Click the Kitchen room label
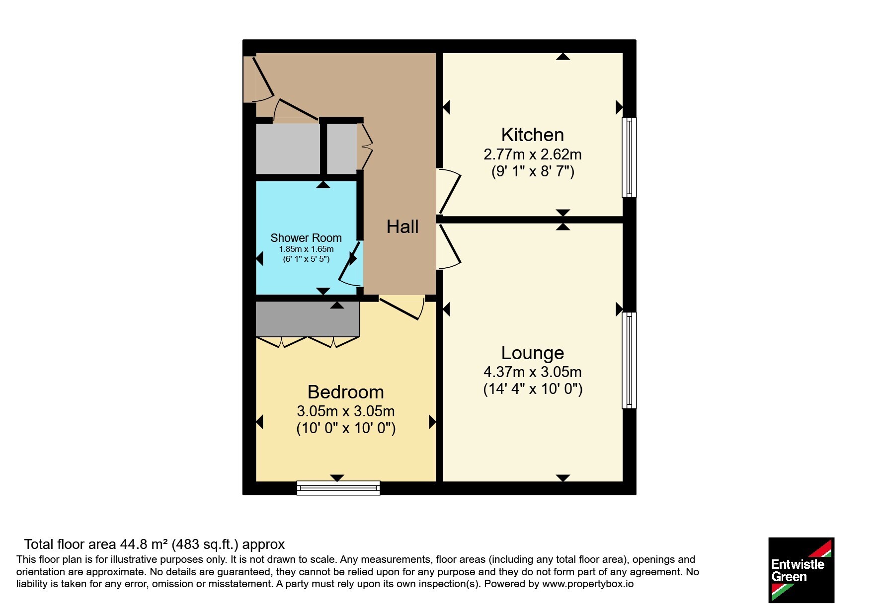pyautogui.click(x=532, y=135)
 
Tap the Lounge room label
pyautogui.click(x=532, y=353)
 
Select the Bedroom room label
pyautogui.click(x=346, y=392)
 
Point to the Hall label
pyautogui.click(x=402, y=227)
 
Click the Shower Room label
pyautogui.click(x=306, y=238)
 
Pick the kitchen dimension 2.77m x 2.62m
pyautogui.click(x=533, y=154)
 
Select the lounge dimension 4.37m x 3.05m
pyautogui.click(x=533, y=372)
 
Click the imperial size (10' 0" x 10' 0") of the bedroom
pyautogui.click(x=346, y=428)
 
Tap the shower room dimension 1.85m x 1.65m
pyautogui.click(x=306, y=249)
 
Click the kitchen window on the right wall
pyautogui.click(x=629, y=157)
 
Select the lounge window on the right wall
pyautogui.click(x=629, y=360)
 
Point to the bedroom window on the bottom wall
pyautogui.click(x=338, y=488)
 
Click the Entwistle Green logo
pyautogui.click(x=801, y=570)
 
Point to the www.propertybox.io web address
pyautogui.click(x=588, y=584)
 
